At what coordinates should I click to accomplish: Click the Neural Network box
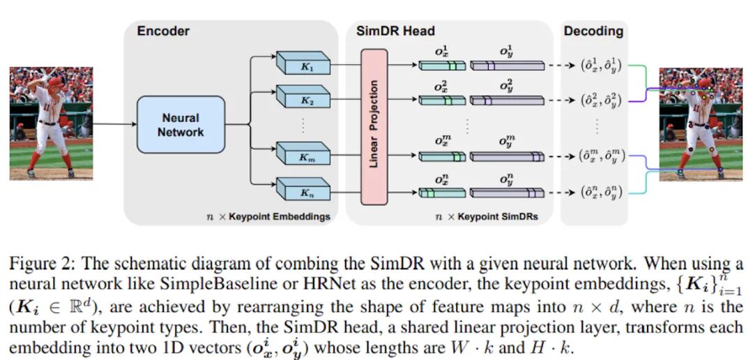pos(181,125)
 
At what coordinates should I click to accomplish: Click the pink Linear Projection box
pos(374,126)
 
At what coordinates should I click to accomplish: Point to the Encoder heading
pos(163,31)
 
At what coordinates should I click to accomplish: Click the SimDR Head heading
pos(395,31)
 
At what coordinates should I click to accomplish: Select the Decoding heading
pos(593,31)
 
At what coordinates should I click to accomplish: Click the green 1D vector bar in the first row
pos(441,66)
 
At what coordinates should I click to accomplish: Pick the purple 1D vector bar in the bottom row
pos(506,193)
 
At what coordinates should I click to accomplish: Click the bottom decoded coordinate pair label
pos(596,192)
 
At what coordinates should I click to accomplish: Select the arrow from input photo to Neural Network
pos(114,125)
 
